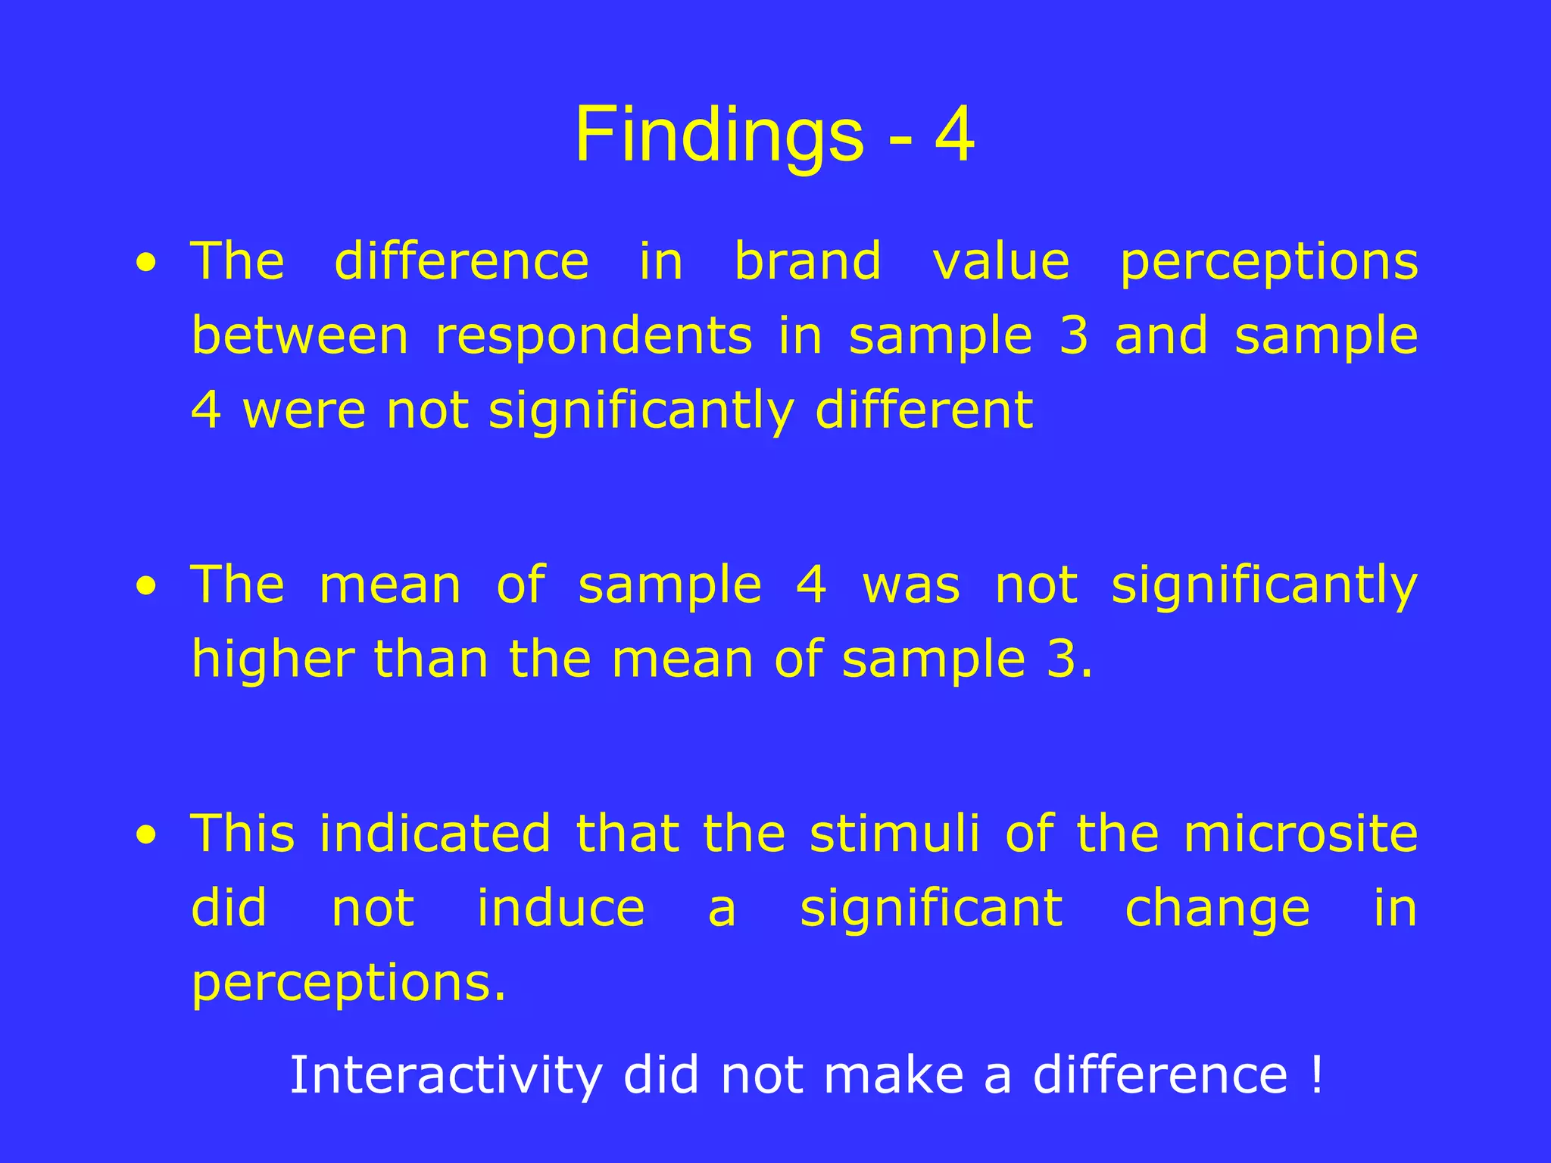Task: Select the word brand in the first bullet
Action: click(x=808, y=261)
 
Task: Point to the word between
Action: click(x=300, y=336)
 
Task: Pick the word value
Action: click(x=1000, y=261)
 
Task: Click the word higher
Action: click(x=273, y=660)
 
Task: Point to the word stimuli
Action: click(x=894, y=834)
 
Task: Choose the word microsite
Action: click(x=1300, y=834)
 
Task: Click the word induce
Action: click(x=560, y=908)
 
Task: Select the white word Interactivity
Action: click(x=445, y=1075)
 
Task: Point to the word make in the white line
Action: click(x=893, y=1074)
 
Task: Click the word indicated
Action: click(x=434, y=834)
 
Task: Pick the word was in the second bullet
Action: click(x=911, y=586)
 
